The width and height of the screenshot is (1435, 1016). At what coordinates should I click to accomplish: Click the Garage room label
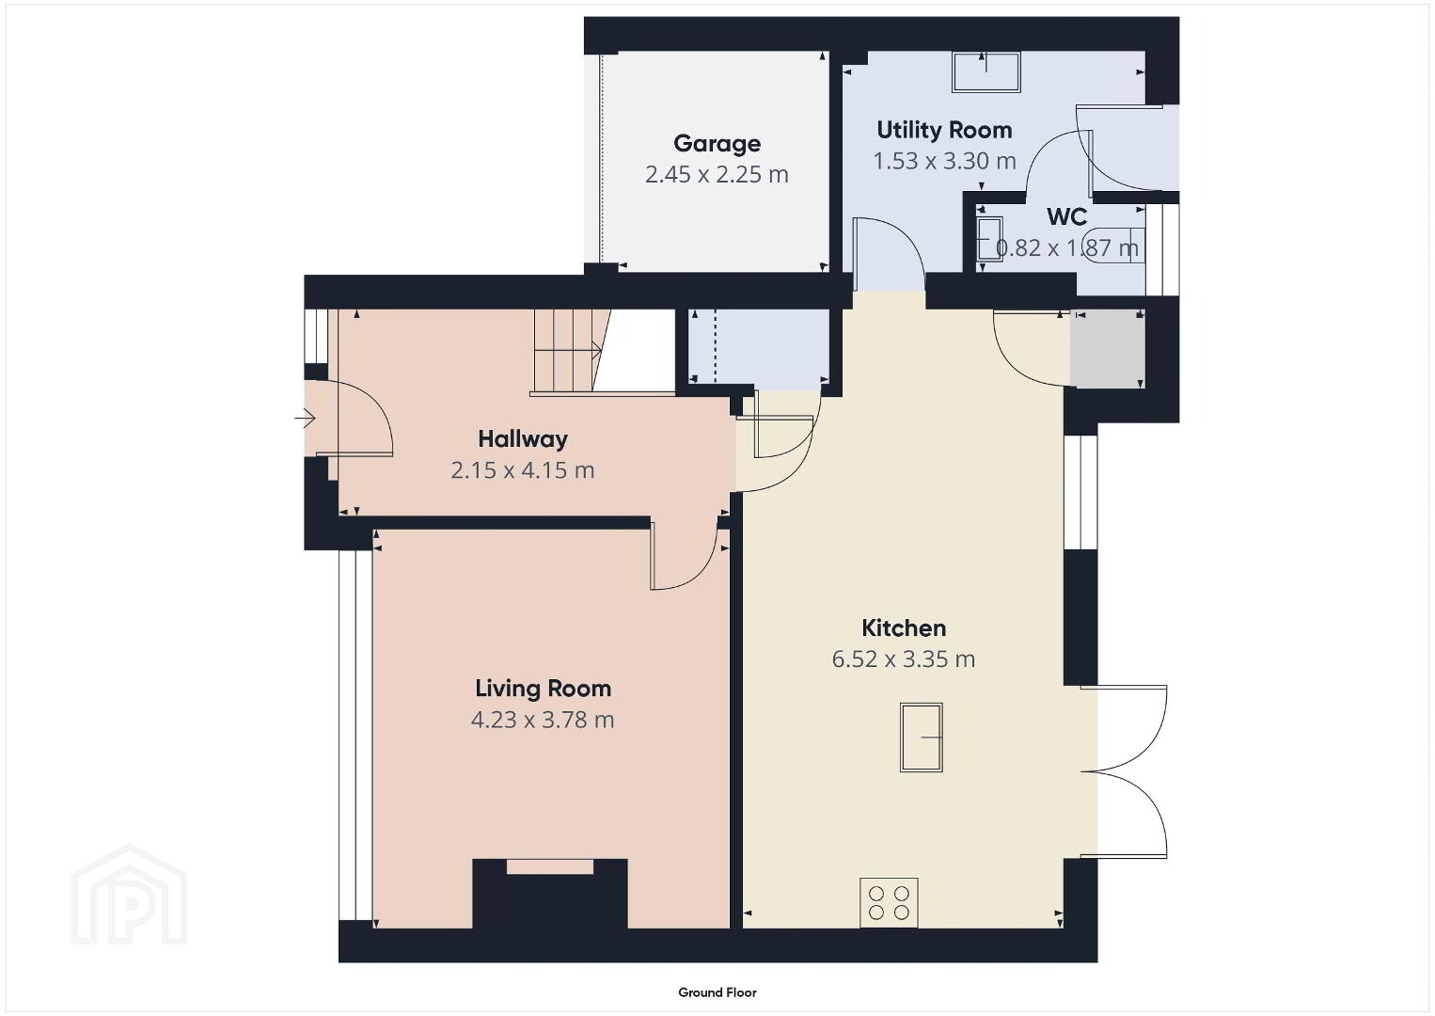717,144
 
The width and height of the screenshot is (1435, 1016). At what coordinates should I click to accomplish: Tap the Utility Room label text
944,130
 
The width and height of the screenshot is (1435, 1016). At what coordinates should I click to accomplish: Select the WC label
1066,217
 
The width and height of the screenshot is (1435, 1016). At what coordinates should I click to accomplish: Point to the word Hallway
523,439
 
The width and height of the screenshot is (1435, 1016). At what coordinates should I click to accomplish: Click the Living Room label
543,689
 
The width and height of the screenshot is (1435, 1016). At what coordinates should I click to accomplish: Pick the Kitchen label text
904,628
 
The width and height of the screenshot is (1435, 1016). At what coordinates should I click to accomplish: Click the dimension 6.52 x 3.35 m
904,659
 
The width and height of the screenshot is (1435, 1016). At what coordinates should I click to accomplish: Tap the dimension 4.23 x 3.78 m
543,720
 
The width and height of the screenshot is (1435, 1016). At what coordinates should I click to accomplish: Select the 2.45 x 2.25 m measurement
717,174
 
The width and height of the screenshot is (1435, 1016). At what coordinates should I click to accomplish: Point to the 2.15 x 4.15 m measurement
523,470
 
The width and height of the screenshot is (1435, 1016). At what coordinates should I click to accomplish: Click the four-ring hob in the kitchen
889,902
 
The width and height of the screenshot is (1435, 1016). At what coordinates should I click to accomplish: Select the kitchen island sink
922,738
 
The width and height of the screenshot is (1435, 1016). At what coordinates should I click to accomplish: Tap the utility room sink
986,72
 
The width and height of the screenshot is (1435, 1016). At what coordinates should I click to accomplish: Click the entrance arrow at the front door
305,419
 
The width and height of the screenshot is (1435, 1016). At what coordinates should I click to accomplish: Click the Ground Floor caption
717,992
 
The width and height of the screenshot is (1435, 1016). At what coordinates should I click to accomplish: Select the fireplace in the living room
550,894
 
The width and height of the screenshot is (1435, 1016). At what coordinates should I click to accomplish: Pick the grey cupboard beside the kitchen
1107,349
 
